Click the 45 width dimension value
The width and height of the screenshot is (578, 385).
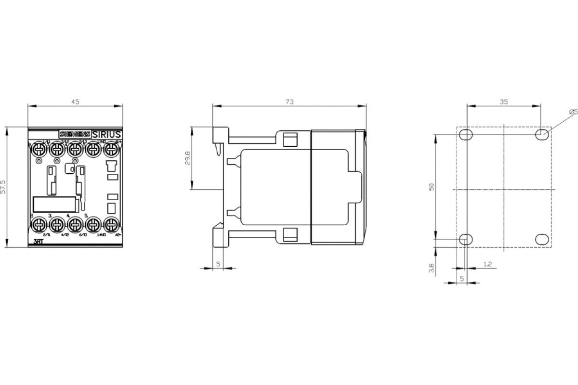pos(75,102)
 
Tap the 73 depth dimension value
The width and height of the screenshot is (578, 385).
pos(289,102)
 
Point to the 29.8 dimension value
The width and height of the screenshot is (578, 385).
pos(187,158)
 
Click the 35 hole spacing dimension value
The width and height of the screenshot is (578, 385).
pos(503,102)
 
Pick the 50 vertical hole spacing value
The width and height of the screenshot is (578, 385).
pos(431,187)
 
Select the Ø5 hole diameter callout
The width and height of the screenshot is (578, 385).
pos(573,112)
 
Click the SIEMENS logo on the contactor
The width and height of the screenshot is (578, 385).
pos(74,134)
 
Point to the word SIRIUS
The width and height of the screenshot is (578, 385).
pos(106,134)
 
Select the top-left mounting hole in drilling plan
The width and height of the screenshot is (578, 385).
pos(465,134)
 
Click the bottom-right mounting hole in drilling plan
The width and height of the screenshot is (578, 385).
pos(541,239)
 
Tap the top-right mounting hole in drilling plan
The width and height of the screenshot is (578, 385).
pos(541,134)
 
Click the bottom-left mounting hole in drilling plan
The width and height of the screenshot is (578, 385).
pos(465,239)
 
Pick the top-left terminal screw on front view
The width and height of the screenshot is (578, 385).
pos(38,148)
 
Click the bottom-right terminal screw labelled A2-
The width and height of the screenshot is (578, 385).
pos(112,223)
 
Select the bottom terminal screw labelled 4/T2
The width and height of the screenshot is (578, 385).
pos(57,223)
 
